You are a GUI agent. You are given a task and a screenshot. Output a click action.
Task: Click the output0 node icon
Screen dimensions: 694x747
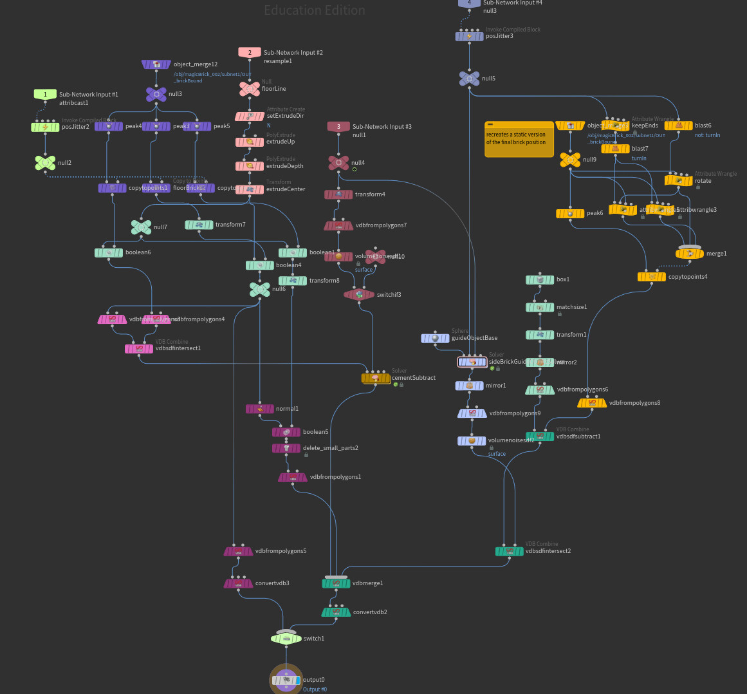(286, 680)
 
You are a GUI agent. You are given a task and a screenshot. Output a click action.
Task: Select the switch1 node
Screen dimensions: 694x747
(286, 639)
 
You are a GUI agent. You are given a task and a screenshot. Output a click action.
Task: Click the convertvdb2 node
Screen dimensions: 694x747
(336, 612)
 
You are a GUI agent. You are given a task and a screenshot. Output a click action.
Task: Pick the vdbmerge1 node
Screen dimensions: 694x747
(336, 583)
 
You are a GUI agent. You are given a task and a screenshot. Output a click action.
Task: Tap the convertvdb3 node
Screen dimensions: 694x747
(238, 583)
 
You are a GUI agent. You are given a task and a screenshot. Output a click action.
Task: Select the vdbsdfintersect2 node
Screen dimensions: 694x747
(510, 551)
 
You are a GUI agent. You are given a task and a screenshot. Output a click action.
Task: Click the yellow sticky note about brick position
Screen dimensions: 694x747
(519, 139)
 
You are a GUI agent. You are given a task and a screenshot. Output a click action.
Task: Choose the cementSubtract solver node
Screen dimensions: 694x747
(376, 378)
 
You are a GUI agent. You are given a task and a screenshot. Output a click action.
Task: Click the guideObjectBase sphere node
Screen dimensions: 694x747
(435, 338)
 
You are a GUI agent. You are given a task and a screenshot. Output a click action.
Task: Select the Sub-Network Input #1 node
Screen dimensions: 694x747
(45, 95)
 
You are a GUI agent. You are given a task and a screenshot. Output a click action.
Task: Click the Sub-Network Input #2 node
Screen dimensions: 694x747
(250, 53)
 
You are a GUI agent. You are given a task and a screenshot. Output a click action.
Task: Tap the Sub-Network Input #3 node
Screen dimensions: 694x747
(338, 127)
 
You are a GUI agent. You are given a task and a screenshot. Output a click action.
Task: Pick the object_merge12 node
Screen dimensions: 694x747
(156, 64)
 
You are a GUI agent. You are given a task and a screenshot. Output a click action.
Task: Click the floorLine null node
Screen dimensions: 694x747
(250, 89)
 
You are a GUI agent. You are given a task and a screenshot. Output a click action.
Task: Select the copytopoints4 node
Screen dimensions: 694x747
(652, 277)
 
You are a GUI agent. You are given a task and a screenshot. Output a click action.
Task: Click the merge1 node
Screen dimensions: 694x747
(690, 254)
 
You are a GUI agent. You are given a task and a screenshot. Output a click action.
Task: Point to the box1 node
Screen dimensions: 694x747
(540, 279)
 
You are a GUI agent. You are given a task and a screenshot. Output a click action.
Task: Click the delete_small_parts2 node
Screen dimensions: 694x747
(286, 448)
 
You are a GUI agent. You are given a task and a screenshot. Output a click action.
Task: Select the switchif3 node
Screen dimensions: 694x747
(360, 295)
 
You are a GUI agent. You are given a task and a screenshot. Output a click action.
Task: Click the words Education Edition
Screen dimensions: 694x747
(315, 10)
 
